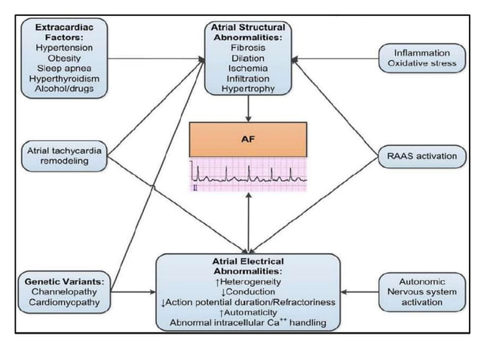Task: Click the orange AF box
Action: pyautogui.click(x=248, y=139)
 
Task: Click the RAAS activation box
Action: pyautogui.click(x=421, y=156)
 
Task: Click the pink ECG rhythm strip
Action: pyautogui.click(x=248, y=175)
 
